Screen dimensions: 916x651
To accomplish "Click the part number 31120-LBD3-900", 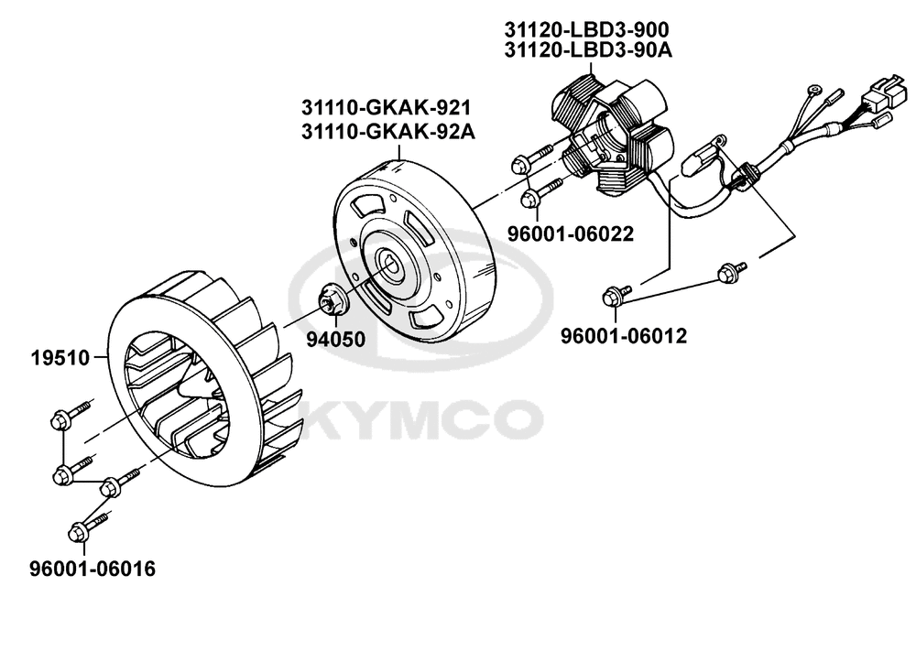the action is [x=587, y=29].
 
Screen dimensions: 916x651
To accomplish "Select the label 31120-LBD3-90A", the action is [x=588, y=50].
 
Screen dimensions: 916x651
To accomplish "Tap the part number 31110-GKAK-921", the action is [x=387, y=108].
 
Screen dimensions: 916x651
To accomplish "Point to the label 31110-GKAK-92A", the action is [x=388, y=132].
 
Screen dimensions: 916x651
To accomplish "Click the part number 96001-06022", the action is [x=570, y=234].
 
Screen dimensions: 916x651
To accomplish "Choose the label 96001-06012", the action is [x=624, y=336].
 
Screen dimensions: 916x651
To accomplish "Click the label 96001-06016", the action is [x=93, y=569].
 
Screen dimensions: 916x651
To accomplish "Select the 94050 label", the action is [x=336, y=340].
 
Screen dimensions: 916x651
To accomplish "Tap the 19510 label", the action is [x=60, y=358].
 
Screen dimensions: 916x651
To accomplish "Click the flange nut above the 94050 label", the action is [x=333, y=298].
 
